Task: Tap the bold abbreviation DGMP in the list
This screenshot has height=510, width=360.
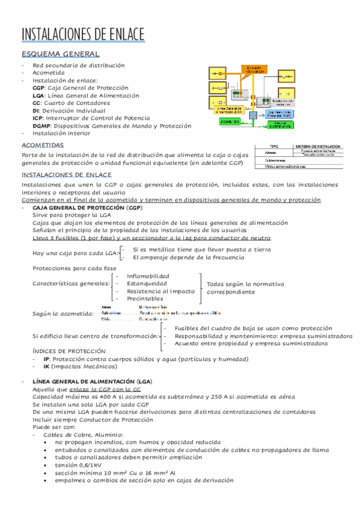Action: (42, 126)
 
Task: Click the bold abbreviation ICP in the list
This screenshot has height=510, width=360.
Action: (37, 118)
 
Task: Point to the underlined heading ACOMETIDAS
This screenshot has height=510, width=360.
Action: (42, 146)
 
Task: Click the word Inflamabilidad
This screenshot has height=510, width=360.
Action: (148, 276)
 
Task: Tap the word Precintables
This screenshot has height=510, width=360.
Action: (145, 298)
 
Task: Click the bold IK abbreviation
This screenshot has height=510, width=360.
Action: (46, 366)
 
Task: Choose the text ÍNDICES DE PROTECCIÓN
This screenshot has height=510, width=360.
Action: (69, 351)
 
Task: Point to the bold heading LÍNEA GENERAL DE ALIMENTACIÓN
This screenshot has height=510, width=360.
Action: (90, 381)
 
